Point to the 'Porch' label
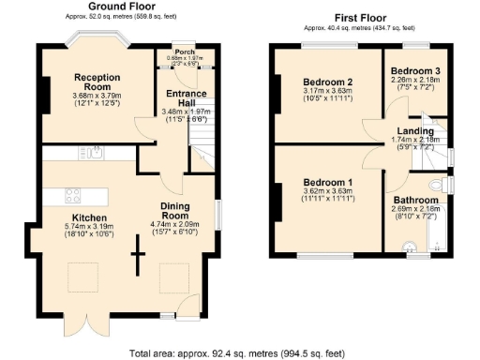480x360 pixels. (x=185, y=52)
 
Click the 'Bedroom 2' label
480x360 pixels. (x=326, y=82)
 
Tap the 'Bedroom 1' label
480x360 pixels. (x=327, y=182)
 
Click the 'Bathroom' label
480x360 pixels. (x=416, y=200)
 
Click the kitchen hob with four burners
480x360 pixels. (x=76, y=196)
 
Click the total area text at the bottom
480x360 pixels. (x=240, y=353)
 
